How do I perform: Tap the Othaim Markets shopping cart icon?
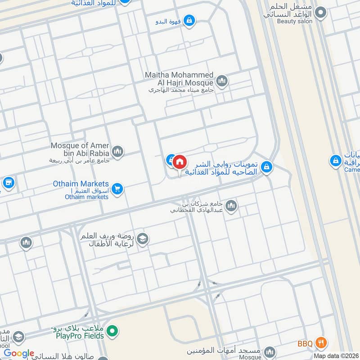(x=117, y=189)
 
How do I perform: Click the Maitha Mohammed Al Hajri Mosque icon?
(x=221, y=81)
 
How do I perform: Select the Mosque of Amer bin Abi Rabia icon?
(x=117, y=151)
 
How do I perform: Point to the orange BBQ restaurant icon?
(x=320, y=343)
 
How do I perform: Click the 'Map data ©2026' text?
(x=336, y=355)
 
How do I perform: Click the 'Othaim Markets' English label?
(x=81, y=184)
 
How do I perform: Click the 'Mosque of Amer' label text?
(x=80, y=145)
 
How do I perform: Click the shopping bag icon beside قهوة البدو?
(x=190, y=20)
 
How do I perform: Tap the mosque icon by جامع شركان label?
(x=231, y=206)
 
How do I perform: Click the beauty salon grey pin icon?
(x=320, y=13)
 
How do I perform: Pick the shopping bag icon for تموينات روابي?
(x=267, y=167)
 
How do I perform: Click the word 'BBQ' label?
(x=305, y=344)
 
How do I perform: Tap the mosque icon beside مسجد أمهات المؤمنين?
(x=270, y=352)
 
